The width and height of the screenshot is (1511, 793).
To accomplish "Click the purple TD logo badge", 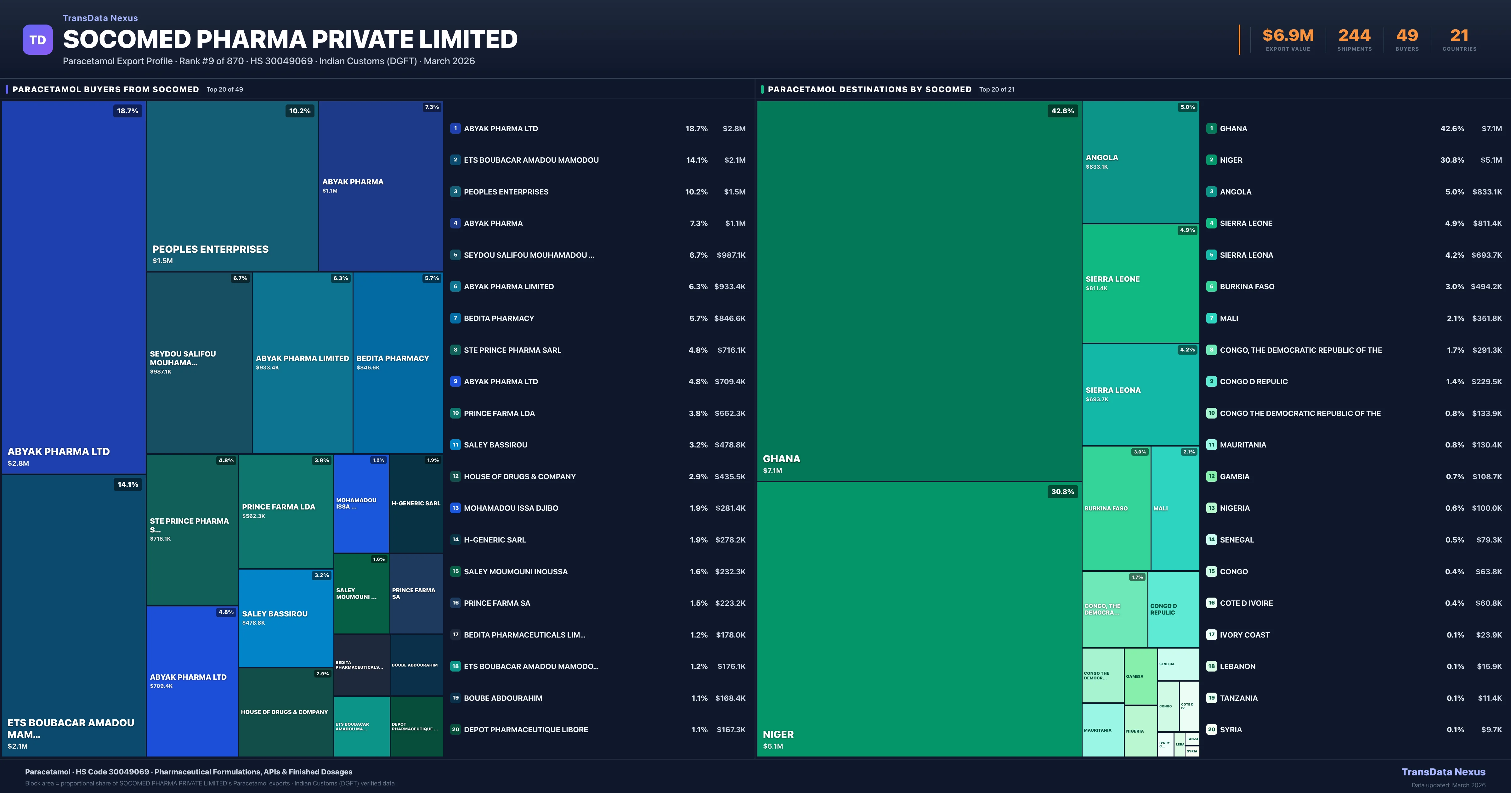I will coord(37,40).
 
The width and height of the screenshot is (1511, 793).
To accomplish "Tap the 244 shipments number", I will coord(1354,36).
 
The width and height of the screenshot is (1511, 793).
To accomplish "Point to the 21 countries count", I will coord(1459,36).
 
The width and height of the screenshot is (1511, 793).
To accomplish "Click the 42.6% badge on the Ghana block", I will coord(1062,111).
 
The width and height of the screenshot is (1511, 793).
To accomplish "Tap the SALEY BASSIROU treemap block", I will coord(286,618).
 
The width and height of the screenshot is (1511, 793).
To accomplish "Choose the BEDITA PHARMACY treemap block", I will coord(398,363).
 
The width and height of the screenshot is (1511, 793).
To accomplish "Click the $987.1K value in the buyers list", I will coord(731,255).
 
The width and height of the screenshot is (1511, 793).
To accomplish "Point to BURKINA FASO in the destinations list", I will coord(1247,287).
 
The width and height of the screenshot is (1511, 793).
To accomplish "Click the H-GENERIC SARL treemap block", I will coord(416,503).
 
